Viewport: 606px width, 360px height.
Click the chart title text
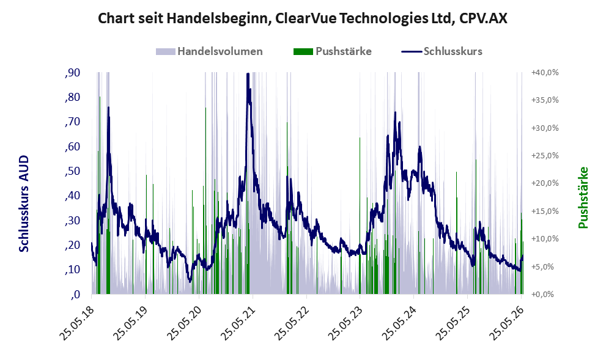click(302, 18)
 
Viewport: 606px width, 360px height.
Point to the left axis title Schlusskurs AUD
click(24, 204)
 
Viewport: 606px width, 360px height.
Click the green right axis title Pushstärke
click(583, 197)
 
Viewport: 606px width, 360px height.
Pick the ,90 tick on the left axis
click(73, 73)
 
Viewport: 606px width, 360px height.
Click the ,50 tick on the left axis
click(73, 171)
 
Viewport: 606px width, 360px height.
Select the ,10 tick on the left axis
click(73, 270)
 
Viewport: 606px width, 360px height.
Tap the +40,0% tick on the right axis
click(545, 73)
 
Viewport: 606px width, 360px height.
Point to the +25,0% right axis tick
click(545, 156)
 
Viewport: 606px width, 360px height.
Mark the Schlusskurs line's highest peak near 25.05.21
click(248, 73)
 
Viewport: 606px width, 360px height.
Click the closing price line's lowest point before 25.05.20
click(190, 281)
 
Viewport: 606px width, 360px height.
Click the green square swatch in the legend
click(303, 51)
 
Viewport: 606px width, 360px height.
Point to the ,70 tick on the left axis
click(73, 122)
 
